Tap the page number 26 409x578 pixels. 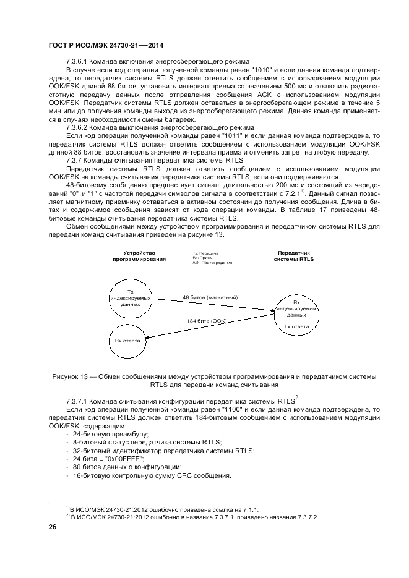point(53,527)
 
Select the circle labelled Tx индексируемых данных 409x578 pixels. point(130,299)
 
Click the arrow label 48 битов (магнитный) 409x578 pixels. point(210,297)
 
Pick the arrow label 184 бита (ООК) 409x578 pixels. point(207,321)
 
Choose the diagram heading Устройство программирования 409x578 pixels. point(139,256)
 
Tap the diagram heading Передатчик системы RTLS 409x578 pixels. point(294,256)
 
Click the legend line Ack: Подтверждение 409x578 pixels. point(212,263)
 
